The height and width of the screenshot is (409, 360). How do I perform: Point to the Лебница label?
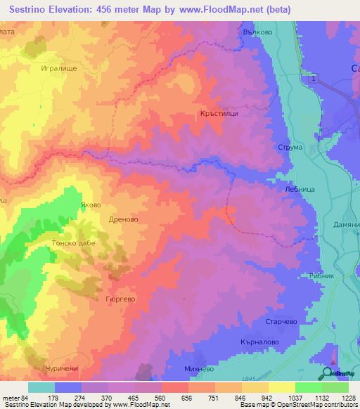tap(290, 188)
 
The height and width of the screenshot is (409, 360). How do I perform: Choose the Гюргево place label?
tap(120, 298)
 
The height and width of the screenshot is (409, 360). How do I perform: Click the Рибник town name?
tap(322, 276)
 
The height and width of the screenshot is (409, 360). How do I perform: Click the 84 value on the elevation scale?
tap(25, 397)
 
